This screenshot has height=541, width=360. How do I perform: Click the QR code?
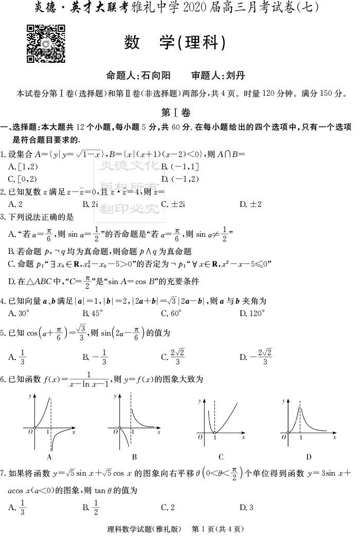point(46,43)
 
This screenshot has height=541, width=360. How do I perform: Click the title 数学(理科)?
point(175,43)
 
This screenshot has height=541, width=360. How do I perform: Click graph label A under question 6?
point(49,456)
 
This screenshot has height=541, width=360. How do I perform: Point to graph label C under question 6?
point(221,456)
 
